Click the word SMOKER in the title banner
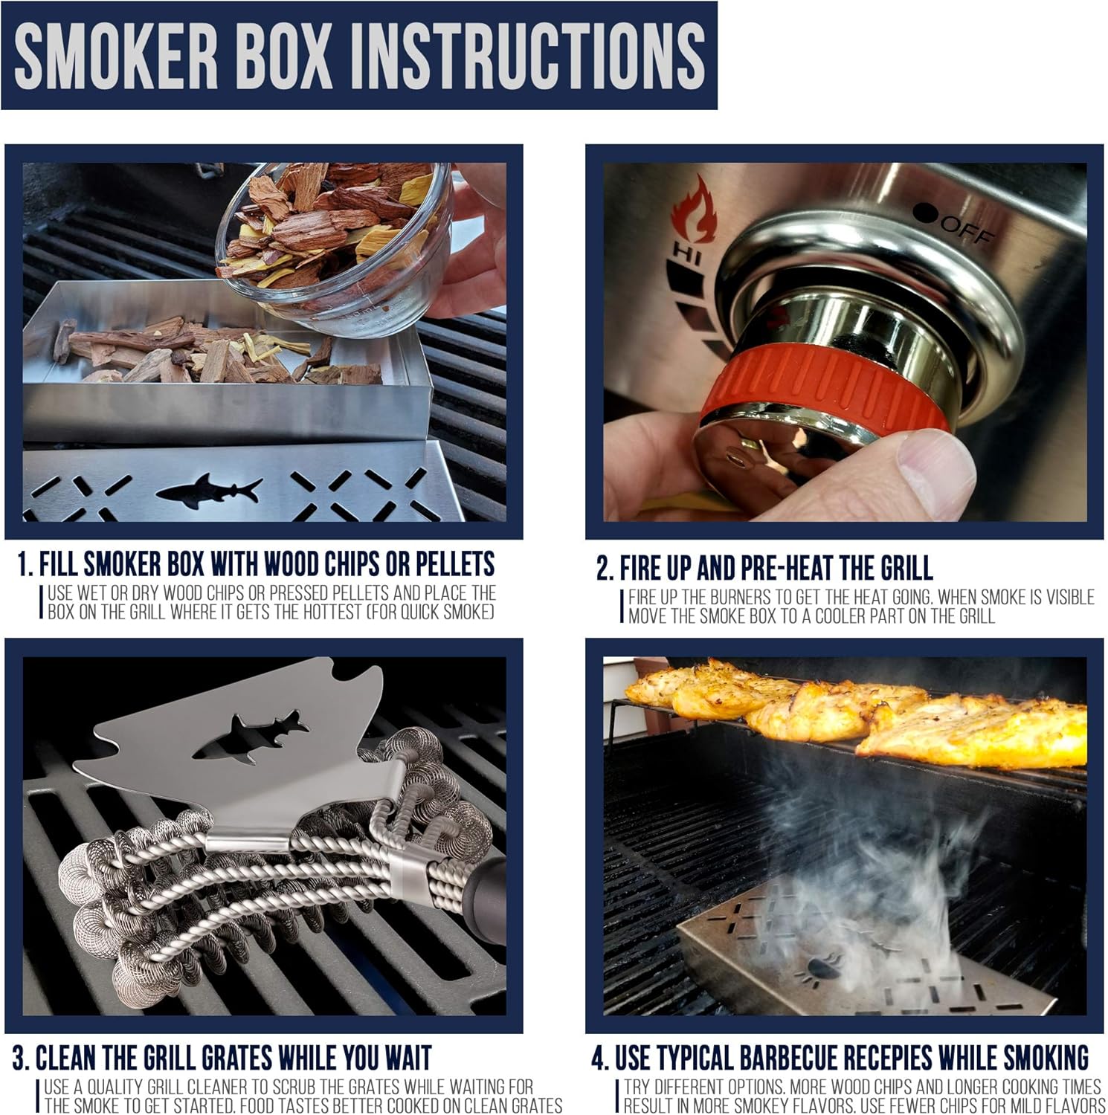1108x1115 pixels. coord(116,56)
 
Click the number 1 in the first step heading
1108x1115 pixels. coord(24,565)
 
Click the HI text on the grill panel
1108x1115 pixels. coord(682,253)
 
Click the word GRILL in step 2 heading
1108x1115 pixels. coord(906,569)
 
